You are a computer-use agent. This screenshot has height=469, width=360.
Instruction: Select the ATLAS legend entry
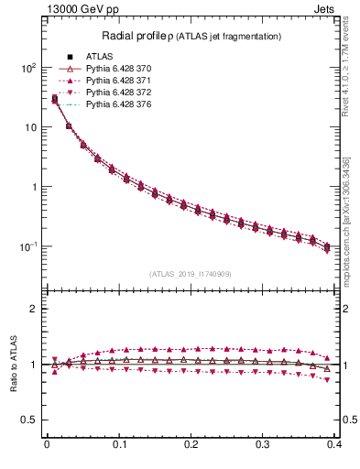(x=101, y=57)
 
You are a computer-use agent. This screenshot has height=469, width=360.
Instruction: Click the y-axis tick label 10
(x=30, y=127)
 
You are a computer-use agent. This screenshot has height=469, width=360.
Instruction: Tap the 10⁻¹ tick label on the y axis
(x=27, y=246)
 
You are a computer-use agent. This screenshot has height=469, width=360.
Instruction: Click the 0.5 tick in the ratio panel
(x=29, y=420)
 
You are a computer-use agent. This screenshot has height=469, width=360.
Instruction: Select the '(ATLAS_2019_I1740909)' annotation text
(x=191, y=274)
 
